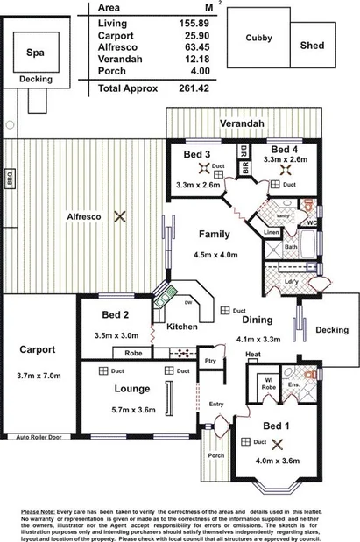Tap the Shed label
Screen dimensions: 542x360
310,45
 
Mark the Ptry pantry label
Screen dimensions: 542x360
209,360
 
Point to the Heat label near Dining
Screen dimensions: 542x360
252,355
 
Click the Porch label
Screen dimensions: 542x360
215,455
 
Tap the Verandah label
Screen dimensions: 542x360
243,124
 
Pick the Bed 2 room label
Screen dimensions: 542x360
115,315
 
